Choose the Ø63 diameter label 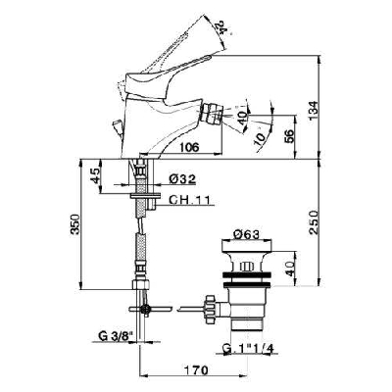(x=249, y=235)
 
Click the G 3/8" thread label (x=115, y=338)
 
